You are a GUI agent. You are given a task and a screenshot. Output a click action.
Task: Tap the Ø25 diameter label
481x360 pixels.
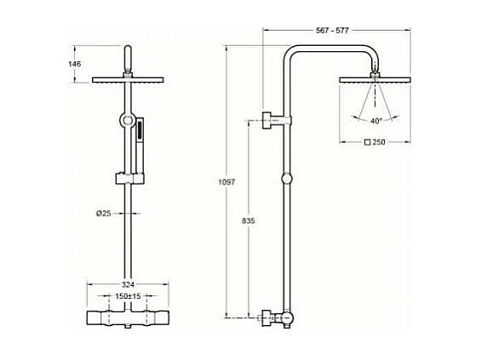coord(105,212)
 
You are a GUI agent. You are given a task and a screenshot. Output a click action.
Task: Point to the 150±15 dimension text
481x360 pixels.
coord(128,297)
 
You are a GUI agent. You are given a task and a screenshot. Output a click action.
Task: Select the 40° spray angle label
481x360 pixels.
coord(375,121)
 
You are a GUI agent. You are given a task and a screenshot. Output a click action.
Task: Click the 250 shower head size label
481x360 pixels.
coord(380,142)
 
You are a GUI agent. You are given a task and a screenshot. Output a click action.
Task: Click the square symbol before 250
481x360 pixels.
coord(367,142)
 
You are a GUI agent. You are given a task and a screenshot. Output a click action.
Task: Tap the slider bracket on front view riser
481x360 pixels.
coord(127,179)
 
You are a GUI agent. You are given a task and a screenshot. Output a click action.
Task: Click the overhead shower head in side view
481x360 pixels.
coord(375,81)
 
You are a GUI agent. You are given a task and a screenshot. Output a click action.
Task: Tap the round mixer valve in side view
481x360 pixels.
coord(287,319)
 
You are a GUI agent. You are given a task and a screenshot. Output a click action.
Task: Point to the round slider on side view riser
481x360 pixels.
coord(287,180)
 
